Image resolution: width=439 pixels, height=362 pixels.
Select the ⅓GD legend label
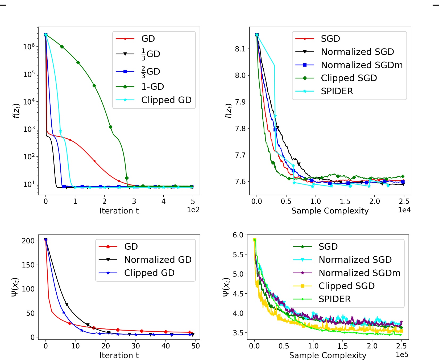click(x=151, y=54)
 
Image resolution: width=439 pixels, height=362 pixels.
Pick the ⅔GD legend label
click(x=151, y=72)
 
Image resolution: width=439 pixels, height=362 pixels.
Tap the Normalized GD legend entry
click(x=158, y=260)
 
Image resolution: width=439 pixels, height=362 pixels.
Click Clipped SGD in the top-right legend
click(x=349, y=78)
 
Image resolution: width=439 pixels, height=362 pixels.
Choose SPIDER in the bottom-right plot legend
click(x=334, y=299)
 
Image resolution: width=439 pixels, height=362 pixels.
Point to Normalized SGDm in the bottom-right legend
click(x=359, y=273)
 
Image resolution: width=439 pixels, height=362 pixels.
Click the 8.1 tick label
click(x=240, y=49)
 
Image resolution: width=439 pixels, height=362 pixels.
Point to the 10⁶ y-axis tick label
click(x=29, y=47)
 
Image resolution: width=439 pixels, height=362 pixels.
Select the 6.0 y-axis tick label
click(x=238, y=235)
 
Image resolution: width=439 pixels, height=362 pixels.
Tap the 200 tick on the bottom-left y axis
click(x=28, y=241)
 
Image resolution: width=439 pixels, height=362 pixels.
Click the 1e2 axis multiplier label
click(x=193, y=210)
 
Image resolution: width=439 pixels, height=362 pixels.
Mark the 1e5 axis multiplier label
click(x=402, y=355)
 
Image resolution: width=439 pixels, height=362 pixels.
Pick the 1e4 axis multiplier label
click(x=404, y=210)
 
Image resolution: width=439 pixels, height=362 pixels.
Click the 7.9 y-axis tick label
click(x=240, y=102)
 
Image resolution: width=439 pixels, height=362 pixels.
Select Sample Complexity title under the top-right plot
click(x=330, y=211)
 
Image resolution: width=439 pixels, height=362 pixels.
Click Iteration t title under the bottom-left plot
click(x=119, y=355)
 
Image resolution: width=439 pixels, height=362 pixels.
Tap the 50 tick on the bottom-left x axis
click(x=196, y=346)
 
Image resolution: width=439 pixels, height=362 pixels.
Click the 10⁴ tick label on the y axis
click(x=29, y=102)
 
